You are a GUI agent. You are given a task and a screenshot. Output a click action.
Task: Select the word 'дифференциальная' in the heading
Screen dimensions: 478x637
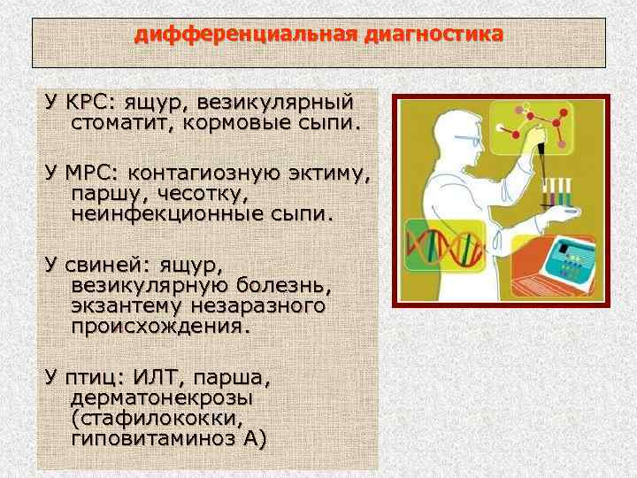(x=243, y=35)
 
